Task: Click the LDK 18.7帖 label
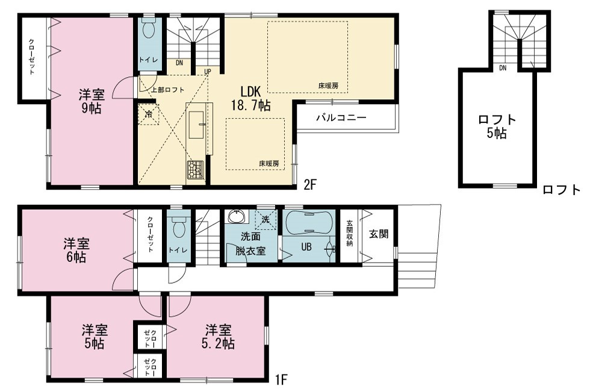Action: (x=250, y=99)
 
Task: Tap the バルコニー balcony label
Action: (x=341, y=118)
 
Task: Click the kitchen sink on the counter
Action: (x=196, y=125)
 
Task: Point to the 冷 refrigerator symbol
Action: (x=149, y=114)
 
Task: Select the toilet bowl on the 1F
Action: (x=178, y=227)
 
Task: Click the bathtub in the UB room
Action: (x=308, y=223)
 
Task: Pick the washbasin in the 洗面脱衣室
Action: (x=237, y=217)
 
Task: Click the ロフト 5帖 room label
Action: (x=497, y=126)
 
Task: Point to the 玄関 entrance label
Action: (x=379, y=234)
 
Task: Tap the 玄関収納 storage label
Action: (x=350, y=233)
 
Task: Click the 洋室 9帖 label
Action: (x=91, y=101)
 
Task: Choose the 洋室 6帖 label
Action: (x=76, y=250)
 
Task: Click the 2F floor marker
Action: (x=310, y=185)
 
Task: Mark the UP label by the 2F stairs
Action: (x=208, y=72)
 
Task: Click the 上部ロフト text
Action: (x=168, y=90)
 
